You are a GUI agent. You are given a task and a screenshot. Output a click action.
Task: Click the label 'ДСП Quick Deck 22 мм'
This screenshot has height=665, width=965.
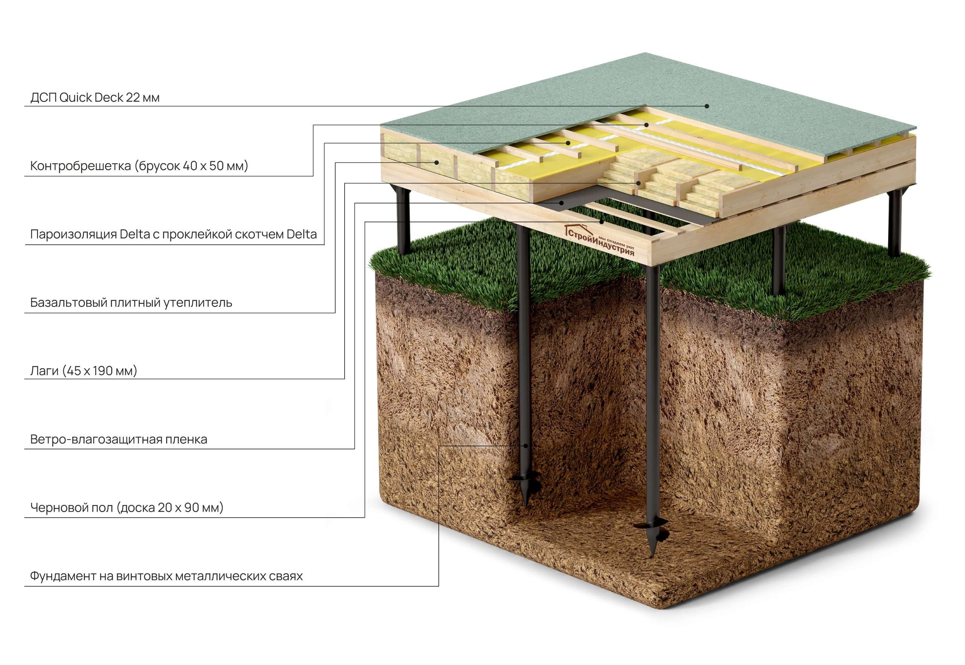95,98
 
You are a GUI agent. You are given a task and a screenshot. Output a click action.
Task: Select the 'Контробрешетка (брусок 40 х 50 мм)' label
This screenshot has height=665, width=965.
139,166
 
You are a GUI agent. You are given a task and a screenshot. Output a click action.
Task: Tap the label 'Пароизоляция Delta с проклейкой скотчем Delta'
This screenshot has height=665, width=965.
173,234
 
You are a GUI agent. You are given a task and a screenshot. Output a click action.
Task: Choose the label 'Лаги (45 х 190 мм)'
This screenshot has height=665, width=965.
84,371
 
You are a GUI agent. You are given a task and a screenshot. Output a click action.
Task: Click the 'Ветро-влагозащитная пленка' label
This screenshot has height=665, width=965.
119,440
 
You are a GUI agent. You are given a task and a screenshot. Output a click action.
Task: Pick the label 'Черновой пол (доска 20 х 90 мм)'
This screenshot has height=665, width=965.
127,508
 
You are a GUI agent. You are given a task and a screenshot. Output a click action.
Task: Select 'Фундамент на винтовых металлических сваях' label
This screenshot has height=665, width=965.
166,577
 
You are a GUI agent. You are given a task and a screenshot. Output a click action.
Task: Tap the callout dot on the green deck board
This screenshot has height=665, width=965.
707,106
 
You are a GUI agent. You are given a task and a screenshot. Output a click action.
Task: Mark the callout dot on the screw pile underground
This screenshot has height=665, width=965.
526,446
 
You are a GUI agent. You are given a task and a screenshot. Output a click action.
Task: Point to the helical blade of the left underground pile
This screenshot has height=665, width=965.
525,479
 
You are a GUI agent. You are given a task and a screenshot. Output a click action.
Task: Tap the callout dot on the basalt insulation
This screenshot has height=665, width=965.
437,162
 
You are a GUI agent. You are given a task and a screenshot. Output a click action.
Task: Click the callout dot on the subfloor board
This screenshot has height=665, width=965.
602,222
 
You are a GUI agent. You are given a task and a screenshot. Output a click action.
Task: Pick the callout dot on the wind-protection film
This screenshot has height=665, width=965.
562,203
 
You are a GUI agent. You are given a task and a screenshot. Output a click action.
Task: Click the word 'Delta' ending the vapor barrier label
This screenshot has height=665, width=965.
302,234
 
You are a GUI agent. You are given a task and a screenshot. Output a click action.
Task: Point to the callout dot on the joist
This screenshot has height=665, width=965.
638,183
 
